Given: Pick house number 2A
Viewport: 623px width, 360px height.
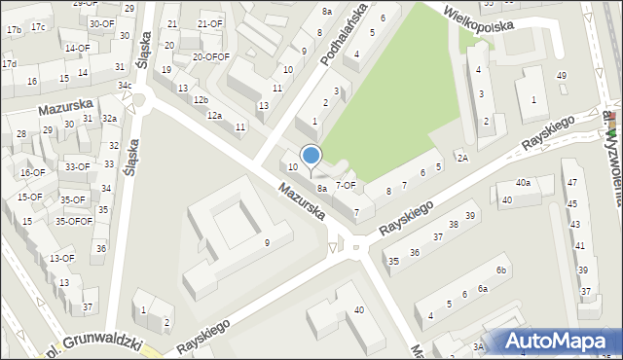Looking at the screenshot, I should point(462,158).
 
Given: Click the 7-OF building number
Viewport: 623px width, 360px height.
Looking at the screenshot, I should point(346,184).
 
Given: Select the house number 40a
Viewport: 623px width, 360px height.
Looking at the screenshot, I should point(524,183).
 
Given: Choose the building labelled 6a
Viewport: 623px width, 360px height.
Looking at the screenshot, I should point(482,289).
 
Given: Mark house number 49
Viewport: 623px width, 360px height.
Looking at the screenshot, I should point(561,76).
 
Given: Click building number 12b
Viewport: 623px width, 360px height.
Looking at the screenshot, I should point(201,100).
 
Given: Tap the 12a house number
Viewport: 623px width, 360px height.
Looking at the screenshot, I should point(214,116).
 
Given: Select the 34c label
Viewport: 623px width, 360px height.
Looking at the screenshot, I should point(125,86).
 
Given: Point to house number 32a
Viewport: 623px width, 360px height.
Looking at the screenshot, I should point(110,119).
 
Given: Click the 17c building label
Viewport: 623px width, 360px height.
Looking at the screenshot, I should point(37,26).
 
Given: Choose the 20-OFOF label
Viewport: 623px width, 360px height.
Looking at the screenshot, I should point(210,56).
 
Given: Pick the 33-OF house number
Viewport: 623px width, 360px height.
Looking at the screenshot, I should point(78,166).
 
